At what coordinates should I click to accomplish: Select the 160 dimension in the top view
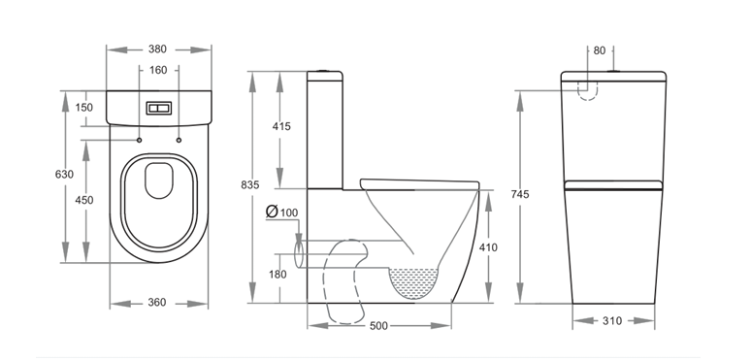click(158, 70)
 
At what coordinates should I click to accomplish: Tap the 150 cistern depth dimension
click(83, 108)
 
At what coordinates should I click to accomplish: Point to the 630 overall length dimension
click(63, 175)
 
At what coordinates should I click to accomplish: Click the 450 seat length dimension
click(84, 200)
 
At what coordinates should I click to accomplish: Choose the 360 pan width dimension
click(157, 303)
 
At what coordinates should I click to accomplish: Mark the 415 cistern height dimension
click(281, 127)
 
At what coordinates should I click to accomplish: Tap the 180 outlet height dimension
click(278, 275)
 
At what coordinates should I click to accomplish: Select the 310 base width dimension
click(612, 320)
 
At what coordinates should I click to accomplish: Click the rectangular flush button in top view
click(158, 110)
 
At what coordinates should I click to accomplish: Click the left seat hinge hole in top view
click(139, 142)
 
